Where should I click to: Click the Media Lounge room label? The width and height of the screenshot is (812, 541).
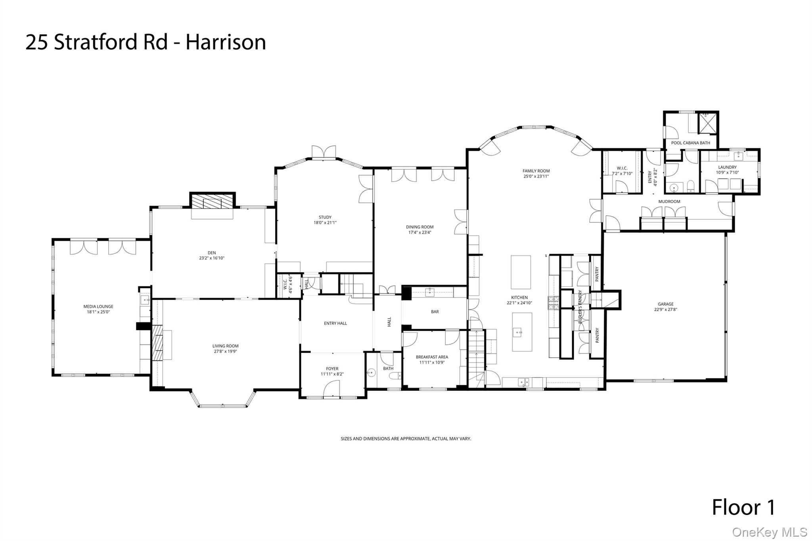coord(98,306)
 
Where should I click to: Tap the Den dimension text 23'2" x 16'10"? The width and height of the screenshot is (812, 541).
coord(212,258)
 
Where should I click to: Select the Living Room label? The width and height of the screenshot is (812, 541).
coord(225,346)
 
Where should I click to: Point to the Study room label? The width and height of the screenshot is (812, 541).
coord(325,217)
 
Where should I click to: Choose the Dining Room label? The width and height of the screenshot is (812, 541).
coord(419,227)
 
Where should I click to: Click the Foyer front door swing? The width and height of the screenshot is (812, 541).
coord(332,388)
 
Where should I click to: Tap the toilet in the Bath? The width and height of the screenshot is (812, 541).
coord(394,376)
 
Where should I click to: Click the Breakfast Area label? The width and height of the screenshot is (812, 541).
coord(432,357)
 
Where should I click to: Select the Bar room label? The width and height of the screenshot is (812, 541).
coord(435,312)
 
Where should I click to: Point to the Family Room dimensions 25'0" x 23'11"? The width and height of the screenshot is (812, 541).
coord(536,176)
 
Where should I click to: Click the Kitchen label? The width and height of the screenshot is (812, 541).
coord(519,297)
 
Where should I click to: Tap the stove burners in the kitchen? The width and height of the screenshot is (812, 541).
coord(553,303)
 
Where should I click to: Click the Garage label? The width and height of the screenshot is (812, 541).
coord(666,304)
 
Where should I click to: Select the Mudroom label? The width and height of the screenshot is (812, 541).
coord(669,201)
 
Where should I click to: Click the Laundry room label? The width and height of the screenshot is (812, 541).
coord(727,167)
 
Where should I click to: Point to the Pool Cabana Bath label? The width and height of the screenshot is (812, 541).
coord(691,143)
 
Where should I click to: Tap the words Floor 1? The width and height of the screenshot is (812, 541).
coord(743,507)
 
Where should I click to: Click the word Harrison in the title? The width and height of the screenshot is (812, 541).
coord(226,42)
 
